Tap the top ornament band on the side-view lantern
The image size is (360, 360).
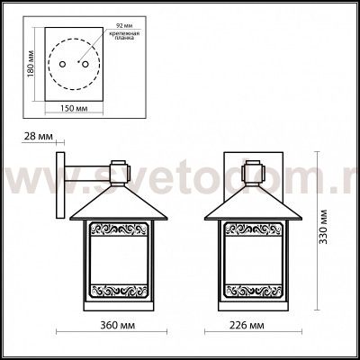click(x=113, y=229)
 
